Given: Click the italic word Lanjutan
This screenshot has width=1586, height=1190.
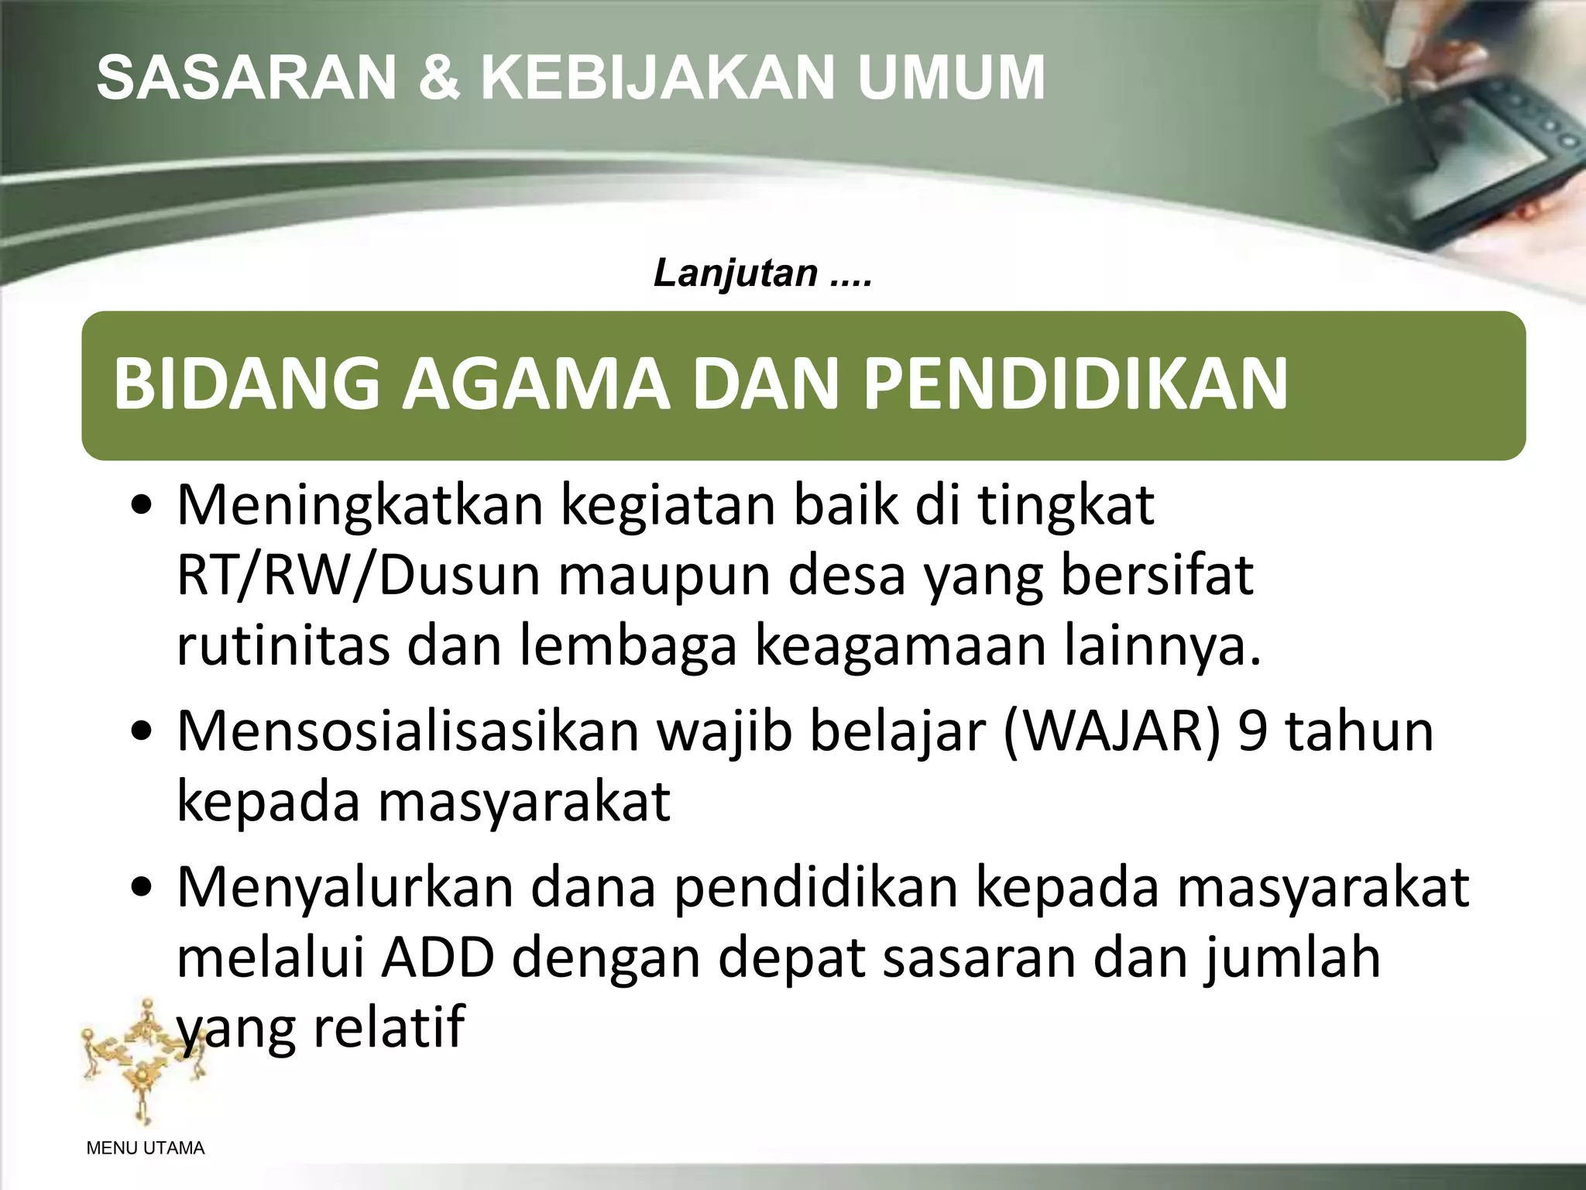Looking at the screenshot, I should [736, 273].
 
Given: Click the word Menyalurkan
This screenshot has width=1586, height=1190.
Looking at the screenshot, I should [345, 887].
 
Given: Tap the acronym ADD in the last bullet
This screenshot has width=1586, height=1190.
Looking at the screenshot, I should [438, 958].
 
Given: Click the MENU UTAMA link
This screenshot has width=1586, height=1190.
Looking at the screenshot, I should [146, 1149].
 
